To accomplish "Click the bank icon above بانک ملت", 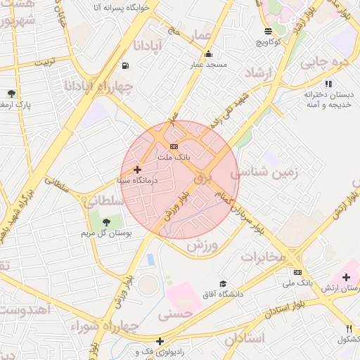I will [174, 146].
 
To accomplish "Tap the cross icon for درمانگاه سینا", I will [137, 169].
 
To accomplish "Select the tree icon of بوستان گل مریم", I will [107, 222].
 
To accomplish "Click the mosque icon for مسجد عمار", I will [208, 54].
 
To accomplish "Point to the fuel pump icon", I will [125, 66].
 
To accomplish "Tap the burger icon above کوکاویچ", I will [268, 31].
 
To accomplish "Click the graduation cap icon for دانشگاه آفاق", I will [223, 283].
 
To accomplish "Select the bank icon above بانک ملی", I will [298, 272].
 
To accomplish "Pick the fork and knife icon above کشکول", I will [349, 328].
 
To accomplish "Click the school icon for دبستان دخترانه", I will [328, 84].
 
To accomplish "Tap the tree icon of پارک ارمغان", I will [12, 94].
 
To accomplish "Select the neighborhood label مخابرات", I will [264, 256].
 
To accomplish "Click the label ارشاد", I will [258, 73].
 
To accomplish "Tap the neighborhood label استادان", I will [245, 338].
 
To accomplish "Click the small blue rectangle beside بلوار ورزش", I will [151, 259].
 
